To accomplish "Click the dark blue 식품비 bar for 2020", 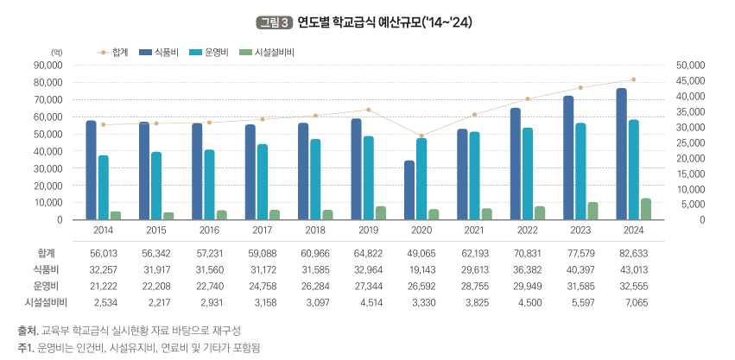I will [409, 190].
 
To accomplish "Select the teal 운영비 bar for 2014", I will [104, 187].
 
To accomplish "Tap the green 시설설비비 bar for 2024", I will [646, 209].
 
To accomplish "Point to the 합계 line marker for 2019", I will [368, 110].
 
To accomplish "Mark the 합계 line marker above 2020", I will [421, 136].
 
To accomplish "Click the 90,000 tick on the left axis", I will [48, 65].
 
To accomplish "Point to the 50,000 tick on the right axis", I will [691, 65].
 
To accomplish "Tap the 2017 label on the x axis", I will [262, 231].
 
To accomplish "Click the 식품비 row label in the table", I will [47, 269].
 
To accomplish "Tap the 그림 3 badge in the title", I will [274, 22].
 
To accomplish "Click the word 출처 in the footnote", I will [27, 332].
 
